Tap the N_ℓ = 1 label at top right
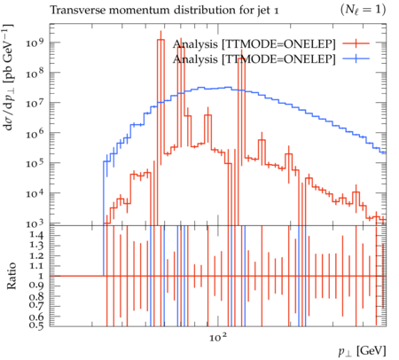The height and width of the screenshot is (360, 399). pyautogui.click(x=363, y=10)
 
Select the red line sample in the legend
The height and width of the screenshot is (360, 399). pyautogui.click(x=356, y=43)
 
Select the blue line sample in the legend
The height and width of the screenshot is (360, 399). pyautogui.click(x=356, y=59)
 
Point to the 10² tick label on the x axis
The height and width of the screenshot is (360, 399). pyautogui.click(x=218, y=337)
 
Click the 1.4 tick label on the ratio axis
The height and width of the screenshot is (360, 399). pyautogui.click(x=36, y=235)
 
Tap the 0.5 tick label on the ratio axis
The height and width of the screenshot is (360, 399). pyautogui.click(x=36, y=325)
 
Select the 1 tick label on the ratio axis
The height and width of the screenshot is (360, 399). pyautogui.click(x=41, y=276)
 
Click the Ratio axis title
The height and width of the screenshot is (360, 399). pyautogui.click(x=12, y=276)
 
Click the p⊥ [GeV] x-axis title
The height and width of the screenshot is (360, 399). pyautogui.click(x=363, y=351)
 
